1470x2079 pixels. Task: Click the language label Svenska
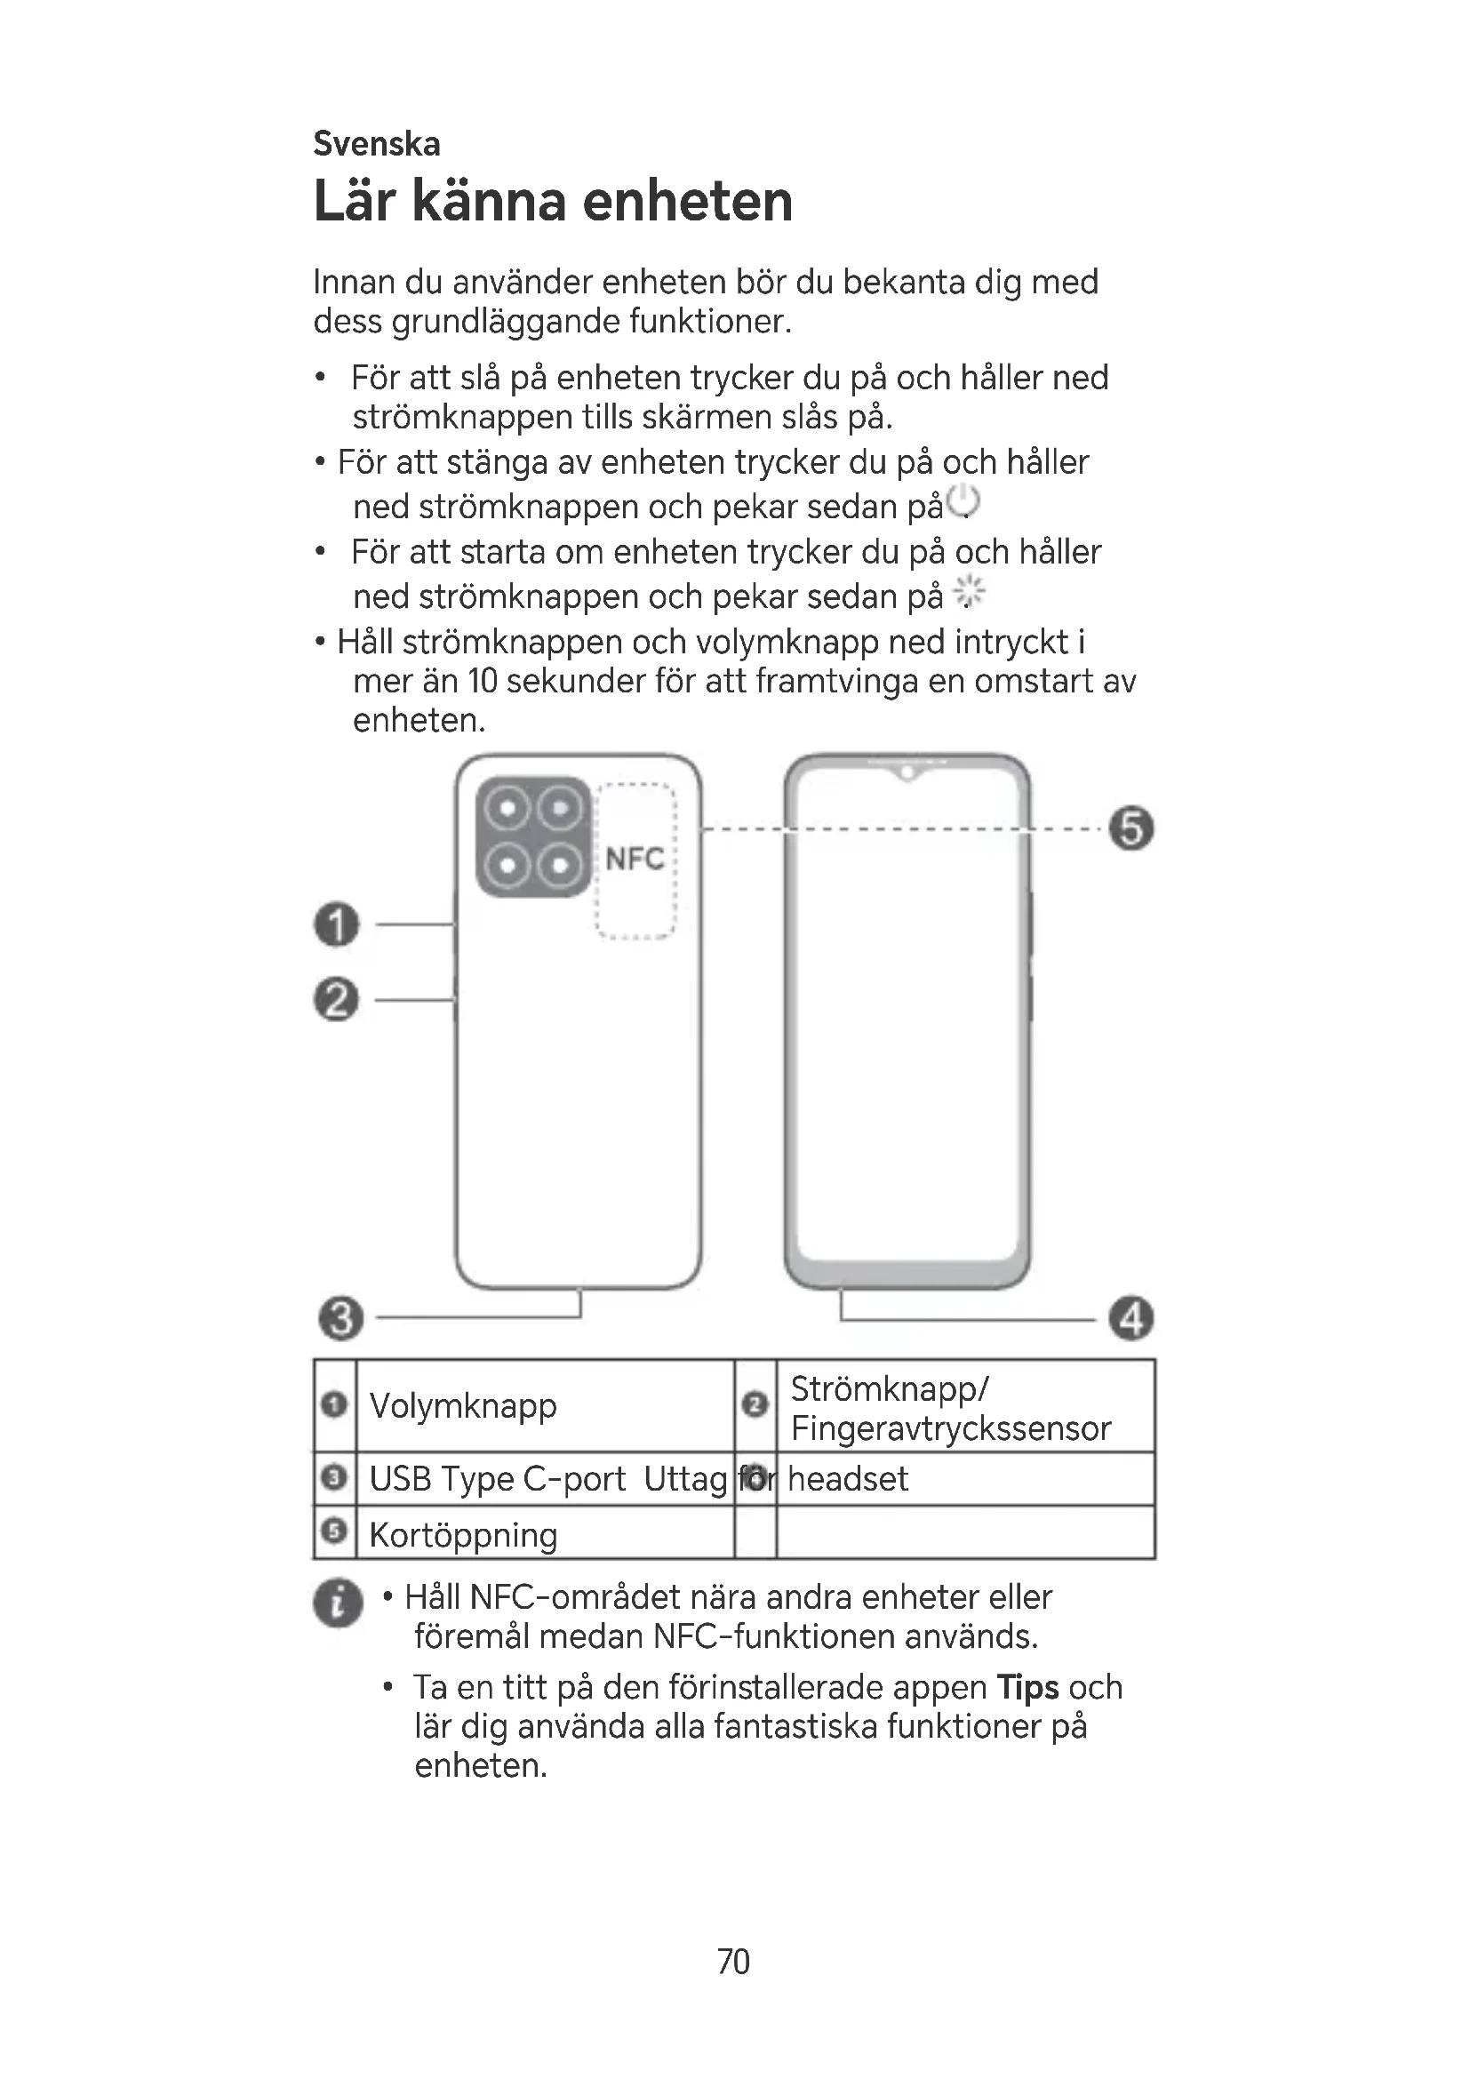pos(377,144)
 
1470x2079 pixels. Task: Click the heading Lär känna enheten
pos(552,201)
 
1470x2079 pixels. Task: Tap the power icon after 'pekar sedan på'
pos(964,501)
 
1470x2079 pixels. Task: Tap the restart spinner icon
pos(970,593)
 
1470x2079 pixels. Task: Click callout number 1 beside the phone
pos(337,924)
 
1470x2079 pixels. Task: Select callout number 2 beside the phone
pos(337,1000)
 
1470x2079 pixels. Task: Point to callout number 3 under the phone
pos(341,1317)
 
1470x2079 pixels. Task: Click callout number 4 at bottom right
pos(1131,1318)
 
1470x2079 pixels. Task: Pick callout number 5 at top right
pos(1131,828)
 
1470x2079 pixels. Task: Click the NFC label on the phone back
pos(635,859)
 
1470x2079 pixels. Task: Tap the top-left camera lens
pos(509,808)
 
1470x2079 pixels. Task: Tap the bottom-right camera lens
pos(560,866)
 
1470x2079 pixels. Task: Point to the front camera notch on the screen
pos(906,773)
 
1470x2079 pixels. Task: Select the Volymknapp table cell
pos(462,1405)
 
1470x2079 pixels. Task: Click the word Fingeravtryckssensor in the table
pos(950,1428)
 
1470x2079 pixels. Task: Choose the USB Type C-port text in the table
pos(497,1479)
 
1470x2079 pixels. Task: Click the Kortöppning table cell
pos(462,1535)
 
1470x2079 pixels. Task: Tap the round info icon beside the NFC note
pos(338,1603)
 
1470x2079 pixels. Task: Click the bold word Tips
pos(1027,1687)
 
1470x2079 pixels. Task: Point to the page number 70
pos(733,1962)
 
